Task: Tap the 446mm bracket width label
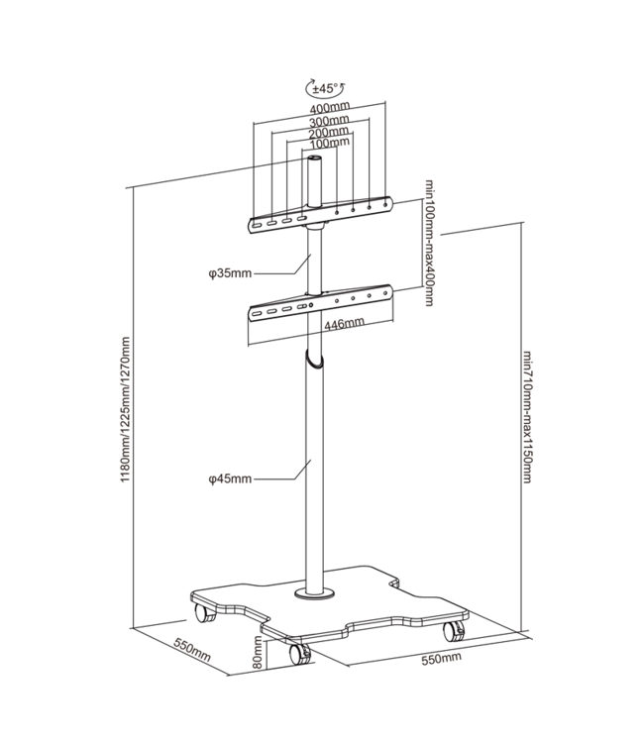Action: (x=345, y=323)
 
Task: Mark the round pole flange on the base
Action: (x=317, y=593)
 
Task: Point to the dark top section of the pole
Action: (x=315, y=178)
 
